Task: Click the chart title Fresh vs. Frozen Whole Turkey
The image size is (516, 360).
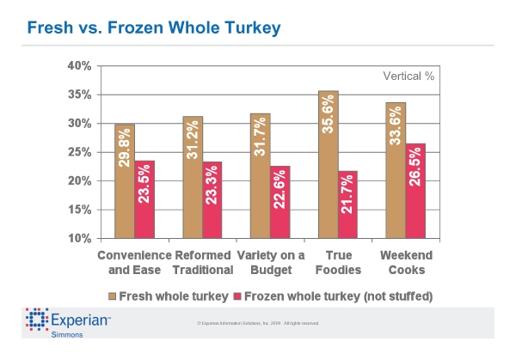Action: click(154, 28)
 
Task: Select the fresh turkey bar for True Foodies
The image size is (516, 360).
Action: click(328, 163)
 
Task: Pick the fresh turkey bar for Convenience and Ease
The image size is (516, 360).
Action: click(125, 180)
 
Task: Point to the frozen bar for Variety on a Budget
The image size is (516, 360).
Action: click(279, 201)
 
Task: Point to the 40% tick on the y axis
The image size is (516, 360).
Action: click(79, 65)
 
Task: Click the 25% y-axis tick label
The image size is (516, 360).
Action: click(79, 152)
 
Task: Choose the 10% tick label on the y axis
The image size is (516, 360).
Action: click(79, 238)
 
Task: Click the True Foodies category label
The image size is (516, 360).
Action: click(337, 263)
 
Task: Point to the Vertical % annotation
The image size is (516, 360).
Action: click(408, 76)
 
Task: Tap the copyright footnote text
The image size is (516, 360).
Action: click(258, 323)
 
